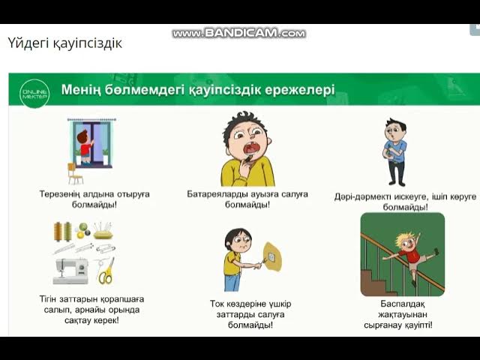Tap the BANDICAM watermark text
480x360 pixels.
point(239,33)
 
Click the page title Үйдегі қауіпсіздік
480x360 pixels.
point(64,43)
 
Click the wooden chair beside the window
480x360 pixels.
point(75,172)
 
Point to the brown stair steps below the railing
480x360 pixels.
point(375,277)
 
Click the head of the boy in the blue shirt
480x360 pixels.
point(395,130)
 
